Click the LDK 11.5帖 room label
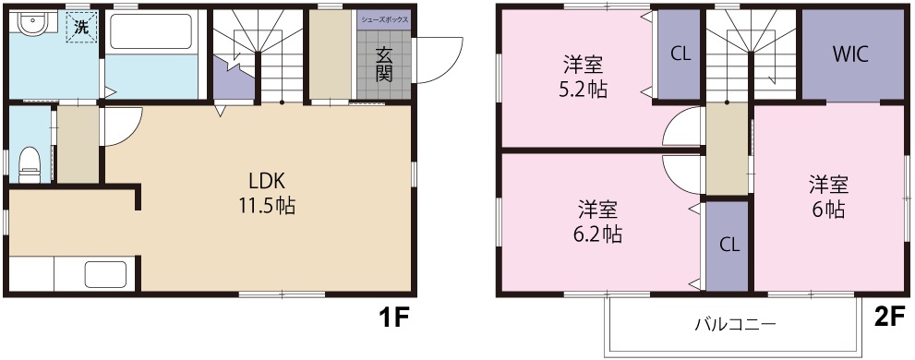[x=271, y=193]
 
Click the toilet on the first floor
[x=30, y=161]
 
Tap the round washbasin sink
[x=30, y=26]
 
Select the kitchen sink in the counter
[x=105, y=276]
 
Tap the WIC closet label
[x=850, y=54]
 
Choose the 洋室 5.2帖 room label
[x=584, y=78]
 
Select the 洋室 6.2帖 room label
[x=598, y=221]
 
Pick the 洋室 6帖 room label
[x=828, y=196]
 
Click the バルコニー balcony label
[x=735, y=324]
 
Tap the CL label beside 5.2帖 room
[x=680, y=54]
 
